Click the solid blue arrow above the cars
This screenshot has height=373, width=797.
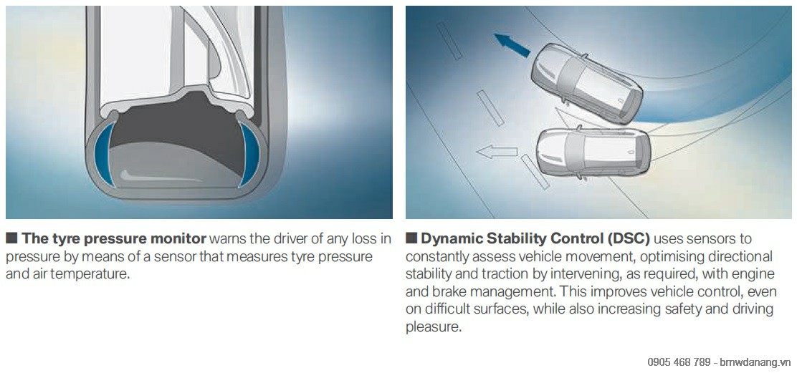point(512,45)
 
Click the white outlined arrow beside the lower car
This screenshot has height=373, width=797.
point(497,151)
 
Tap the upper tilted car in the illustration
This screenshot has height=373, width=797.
point(586,83)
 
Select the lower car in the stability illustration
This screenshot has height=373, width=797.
point(593,152)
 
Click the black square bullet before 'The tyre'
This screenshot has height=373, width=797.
point(11,238)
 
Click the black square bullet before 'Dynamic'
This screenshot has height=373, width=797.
point(411,238)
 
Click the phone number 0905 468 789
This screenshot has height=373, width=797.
point(679,362)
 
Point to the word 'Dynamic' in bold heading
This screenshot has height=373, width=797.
point(452,238)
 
